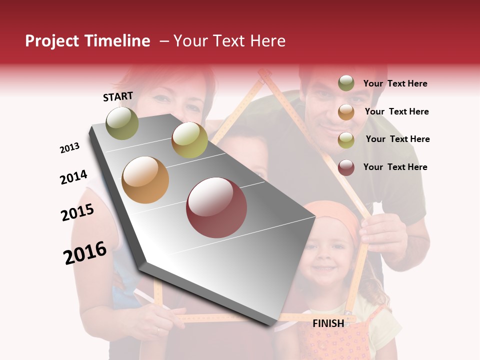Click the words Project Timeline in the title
click(87, 41)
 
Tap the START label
click(118, 96)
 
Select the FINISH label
click(328, 323)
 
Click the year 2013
click(70, 148)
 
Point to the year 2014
click(73, 177)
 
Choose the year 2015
click(77, 212)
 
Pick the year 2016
click(85, 252)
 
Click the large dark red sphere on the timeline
click(216, 207)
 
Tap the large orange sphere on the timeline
click(145, 180)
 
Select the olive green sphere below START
click(122, 123)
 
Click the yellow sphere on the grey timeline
click(189, 140)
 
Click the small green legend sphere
click(346, 83)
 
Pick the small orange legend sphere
click(346, 112)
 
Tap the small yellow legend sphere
click(346, 140)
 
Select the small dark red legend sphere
click(346, 167)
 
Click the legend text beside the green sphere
click(395, 83)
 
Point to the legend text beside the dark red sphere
click(395, 167)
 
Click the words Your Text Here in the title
click(229, 41)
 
